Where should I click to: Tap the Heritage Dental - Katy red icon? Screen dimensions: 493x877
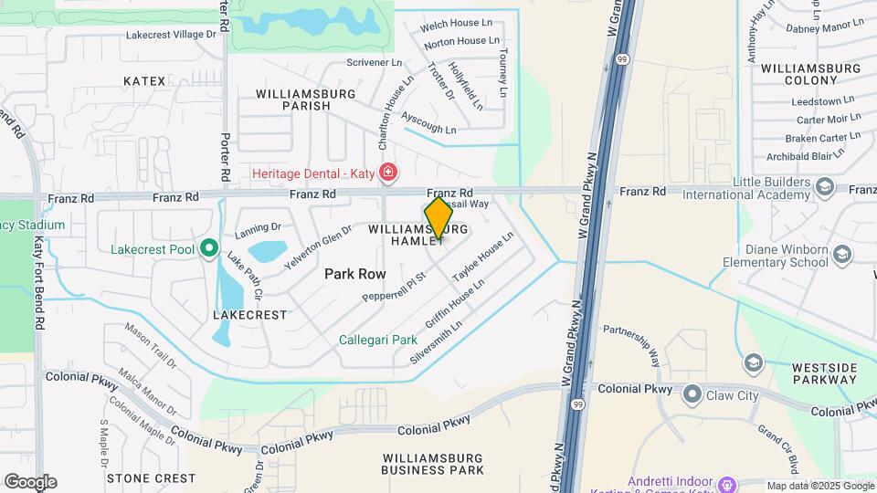point(389,173)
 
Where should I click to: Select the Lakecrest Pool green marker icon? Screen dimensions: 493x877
point(209,248)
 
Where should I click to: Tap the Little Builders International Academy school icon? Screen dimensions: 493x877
point(825,188)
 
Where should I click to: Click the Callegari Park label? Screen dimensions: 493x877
point(378,340)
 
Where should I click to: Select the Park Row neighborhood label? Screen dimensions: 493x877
point(354,274)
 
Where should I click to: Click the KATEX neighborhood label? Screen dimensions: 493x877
point(145,81)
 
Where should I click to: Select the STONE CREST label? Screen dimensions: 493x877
point(151,477)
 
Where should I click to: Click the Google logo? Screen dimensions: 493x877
point(30,481)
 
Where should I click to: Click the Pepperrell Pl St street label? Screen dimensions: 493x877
point(395,286)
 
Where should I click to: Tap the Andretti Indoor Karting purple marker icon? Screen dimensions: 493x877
point(728,482)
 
